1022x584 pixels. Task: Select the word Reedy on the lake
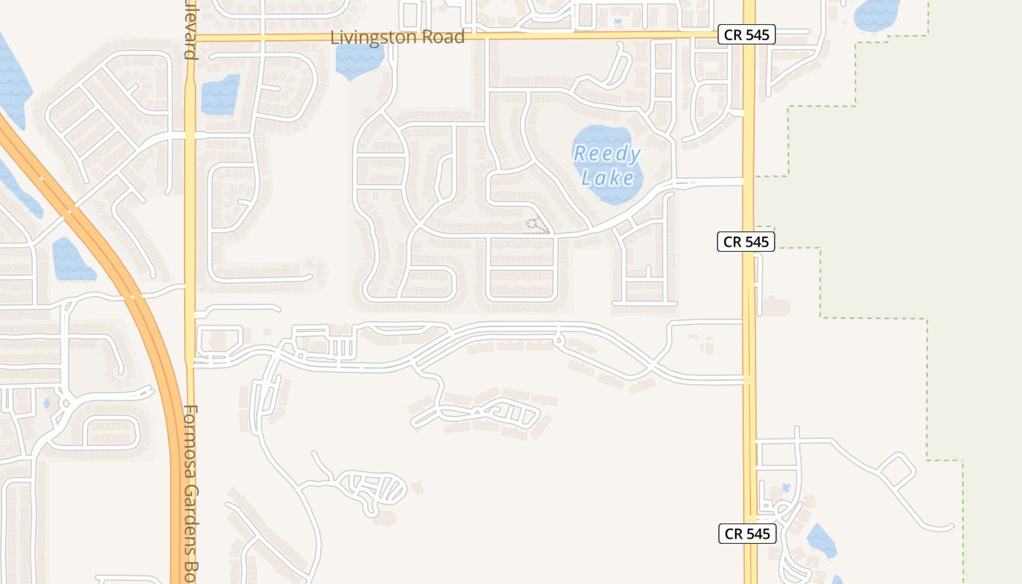pos(607,154)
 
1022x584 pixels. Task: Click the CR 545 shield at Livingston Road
pos(746,34)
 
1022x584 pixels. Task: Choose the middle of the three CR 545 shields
pos(745,242)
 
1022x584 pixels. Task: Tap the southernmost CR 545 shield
pos(746,534)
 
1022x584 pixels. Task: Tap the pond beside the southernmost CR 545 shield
pos(822,542)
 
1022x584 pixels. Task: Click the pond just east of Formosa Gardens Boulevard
pos(220,95)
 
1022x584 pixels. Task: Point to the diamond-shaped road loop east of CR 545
pos(898,472)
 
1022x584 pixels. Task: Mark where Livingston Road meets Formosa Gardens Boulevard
pos(191,35)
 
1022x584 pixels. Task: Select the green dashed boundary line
pos(821,285)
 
